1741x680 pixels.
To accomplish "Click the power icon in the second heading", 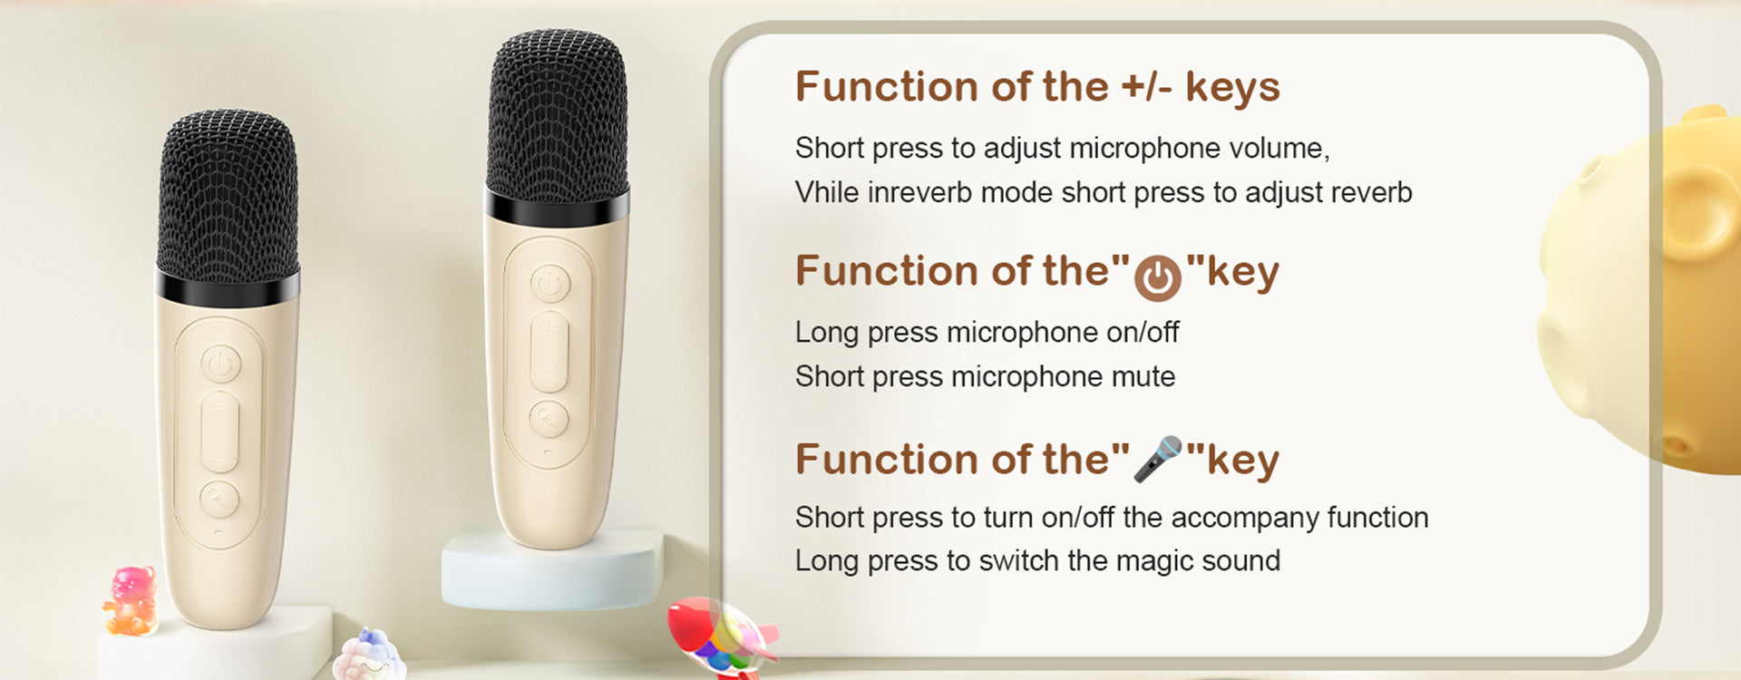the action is coord(1157,277).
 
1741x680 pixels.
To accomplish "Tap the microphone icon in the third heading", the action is coord(1158,459).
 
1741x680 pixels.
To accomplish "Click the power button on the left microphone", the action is coord(220,365).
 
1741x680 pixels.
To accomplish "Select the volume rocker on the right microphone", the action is coord(550,352).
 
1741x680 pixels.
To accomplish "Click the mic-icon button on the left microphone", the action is coord(219,500).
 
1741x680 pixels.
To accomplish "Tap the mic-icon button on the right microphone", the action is coord(549,419).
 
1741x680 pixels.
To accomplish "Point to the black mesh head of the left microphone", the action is coord(228,194).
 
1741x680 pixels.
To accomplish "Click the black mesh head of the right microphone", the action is coord(558,114).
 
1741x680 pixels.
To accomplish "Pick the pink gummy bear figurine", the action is coord(131,600).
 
